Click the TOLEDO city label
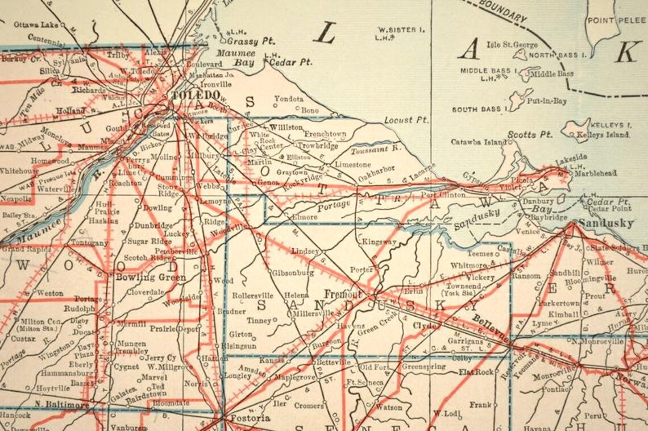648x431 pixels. [196, 94]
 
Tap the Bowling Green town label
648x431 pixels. [151, 277]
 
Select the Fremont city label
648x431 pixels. [343, 294]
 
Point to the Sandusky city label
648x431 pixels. [606, 223]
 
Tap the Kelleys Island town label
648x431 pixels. [603, 135]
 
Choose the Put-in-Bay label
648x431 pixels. [547, 101]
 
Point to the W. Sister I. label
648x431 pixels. [397, 30]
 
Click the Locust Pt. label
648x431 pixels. [406, 120]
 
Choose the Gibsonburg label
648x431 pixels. [293, 272]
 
